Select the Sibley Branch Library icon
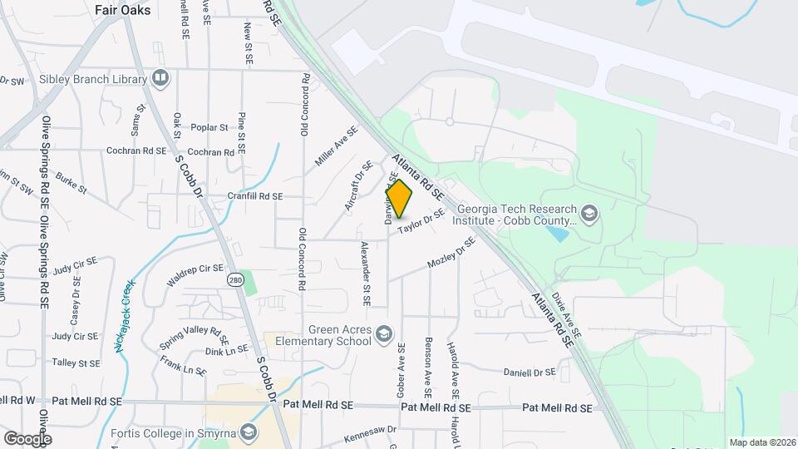click(160, 79)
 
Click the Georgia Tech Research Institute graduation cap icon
click(589, 214)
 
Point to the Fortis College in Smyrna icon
click(248, 432)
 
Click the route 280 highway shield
click(237, 279)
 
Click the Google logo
click(28, 438)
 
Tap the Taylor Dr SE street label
click(421, 223)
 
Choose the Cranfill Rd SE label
click(255, 197)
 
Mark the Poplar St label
click(209, 127)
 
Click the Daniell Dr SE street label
click(530, 373)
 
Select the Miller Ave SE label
click(336, 146)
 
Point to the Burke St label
click(71, 183)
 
